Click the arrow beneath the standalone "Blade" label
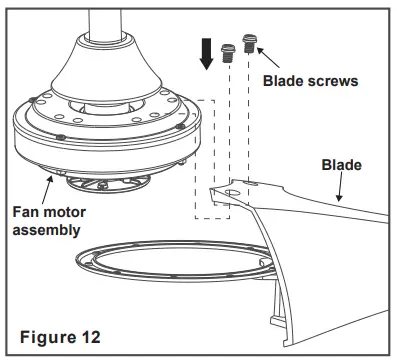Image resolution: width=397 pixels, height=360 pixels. click(x=338, y=186)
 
